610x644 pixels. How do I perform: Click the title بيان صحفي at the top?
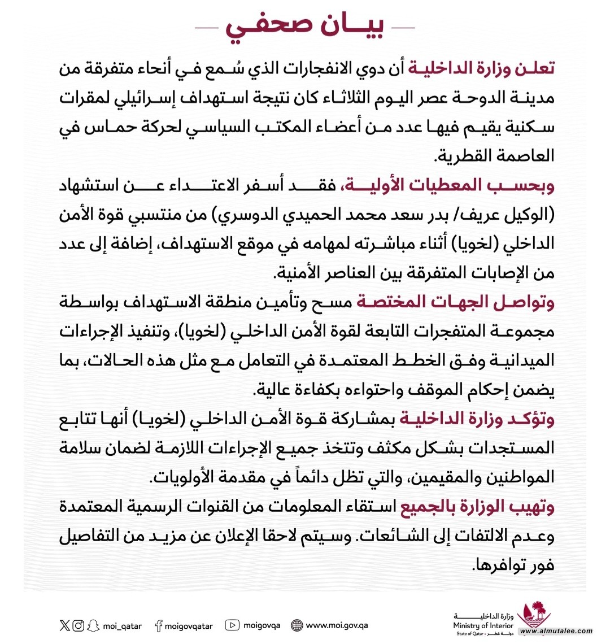point(305,27)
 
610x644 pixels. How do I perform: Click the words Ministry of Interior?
point(483,625)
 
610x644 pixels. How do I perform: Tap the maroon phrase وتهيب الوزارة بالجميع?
point(478,507)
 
